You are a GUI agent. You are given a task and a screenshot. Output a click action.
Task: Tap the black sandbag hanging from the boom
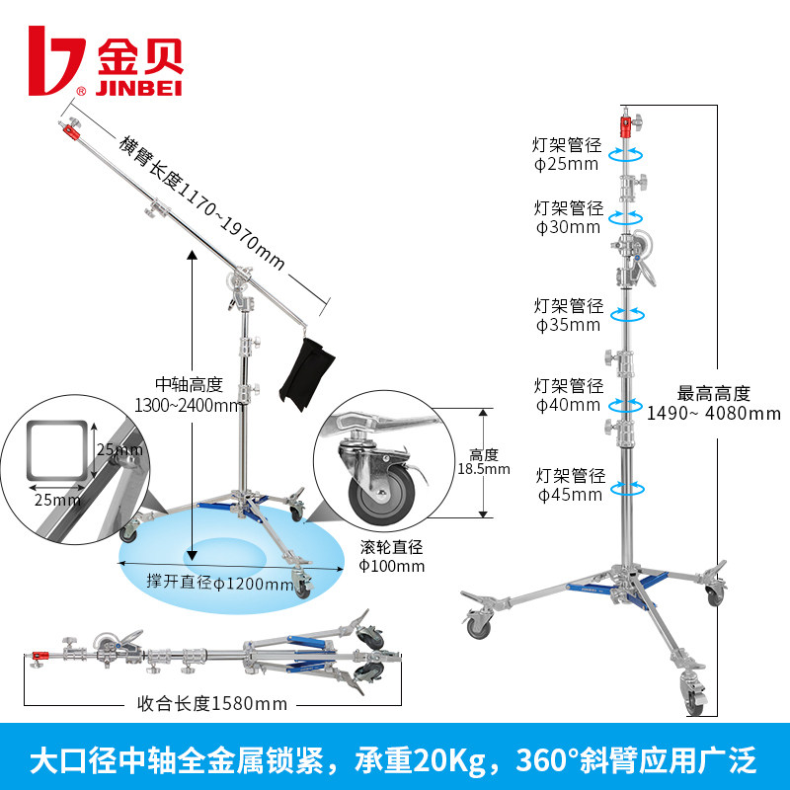tap(306, 370)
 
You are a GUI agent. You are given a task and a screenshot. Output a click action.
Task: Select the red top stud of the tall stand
tap(626, 125)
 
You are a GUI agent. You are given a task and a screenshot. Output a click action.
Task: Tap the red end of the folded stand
tap(40, 655)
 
